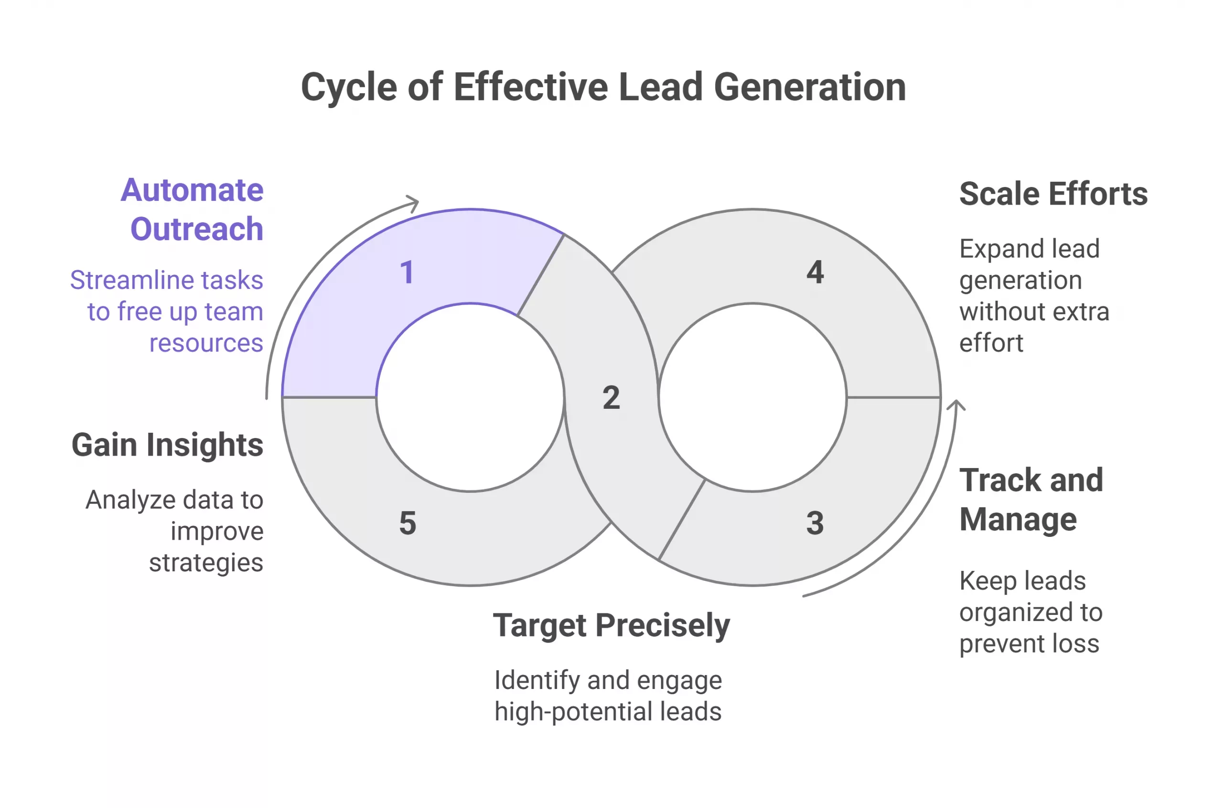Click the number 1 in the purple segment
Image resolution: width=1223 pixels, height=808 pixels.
coord(407,272)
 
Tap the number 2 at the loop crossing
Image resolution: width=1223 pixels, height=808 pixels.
coord(611,398)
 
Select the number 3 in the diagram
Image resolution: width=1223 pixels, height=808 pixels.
coord(815,523)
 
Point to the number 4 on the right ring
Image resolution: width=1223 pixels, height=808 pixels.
coord(815,272)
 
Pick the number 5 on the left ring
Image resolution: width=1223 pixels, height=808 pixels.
coord(408,523)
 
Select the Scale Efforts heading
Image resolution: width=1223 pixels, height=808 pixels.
coord(1053,194)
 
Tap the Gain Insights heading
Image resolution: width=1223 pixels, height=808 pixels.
coord(167,445)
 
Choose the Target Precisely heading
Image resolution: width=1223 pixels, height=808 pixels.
coord(611,625)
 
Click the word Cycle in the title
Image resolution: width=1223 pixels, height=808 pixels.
coord(349,87)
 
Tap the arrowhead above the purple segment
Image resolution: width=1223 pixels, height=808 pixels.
coord(412,203)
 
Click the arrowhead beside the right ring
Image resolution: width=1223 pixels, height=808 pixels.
coord(956,405)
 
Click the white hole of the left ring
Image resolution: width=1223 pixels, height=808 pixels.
coord(470,397)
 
